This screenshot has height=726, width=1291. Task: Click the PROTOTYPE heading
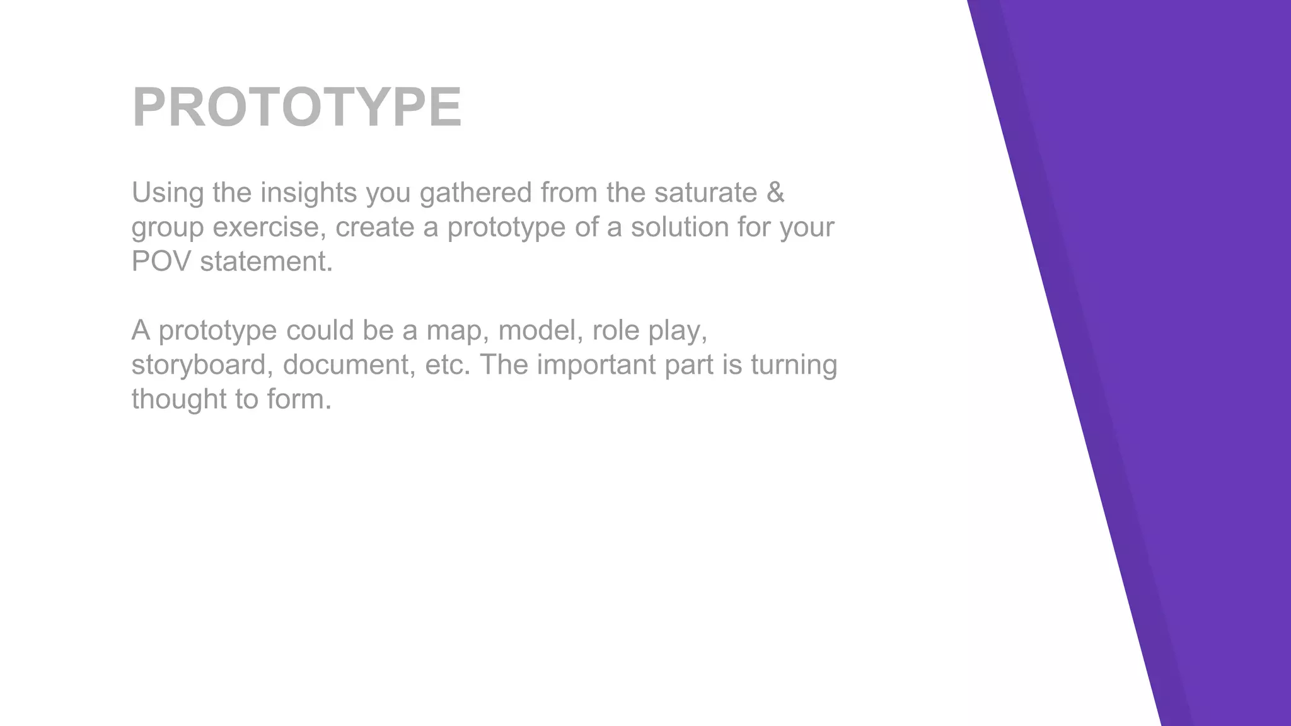pos(297,107)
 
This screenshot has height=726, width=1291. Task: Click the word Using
pos(167,193)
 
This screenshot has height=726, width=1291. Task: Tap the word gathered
pos(475,193)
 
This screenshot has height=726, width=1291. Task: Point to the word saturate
pos(705,193)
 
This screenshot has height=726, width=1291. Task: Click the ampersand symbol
pos(776,193)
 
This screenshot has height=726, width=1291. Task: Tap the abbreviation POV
pos(161,262)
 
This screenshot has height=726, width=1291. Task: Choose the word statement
pos(266,262)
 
